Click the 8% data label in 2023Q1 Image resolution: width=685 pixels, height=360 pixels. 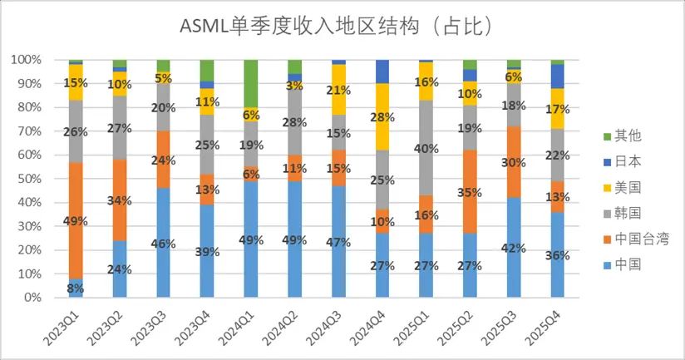tap(76, 288)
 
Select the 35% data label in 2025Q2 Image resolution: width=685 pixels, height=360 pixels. tap(471, 192)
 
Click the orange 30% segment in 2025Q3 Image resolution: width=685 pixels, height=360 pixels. tap(515, 162)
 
